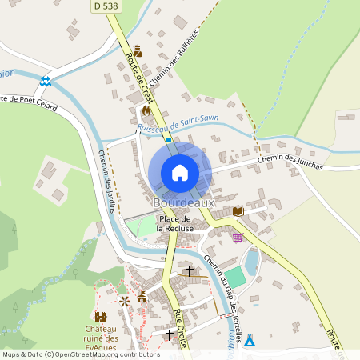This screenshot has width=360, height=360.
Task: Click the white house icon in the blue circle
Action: [x=180, y=173]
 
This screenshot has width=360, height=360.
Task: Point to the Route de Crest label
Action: [x=139, y=79]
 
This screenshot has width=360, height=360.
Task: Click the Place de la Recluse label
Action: [x=175, y=223]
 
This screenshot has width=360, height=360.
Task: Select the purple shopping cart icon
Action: [x=237, y=237]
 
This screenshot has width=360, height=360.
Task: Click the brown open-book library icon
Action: [x=238, y=210]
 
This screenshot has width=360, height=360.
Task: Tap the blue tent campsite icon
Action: [x=249, y=340]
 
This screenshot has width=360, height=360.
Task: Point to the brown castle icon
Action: [x=101, y=317]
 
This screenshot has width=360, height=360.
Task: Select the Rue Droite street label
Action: [x=181, y=328]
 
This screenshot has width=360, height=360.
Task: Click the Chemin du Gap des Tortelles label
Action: [x=224, y=295]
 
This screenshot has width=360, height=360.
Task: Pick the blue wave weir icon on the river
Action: [x=46, y=81]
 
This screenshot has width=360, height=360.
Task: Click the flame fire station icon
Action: [x=146, y=110]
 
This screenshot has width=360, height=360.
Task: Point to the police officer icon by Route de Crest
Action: [x=137, y=51]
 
